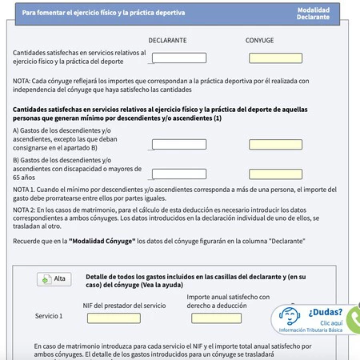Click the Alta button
coord(54,278)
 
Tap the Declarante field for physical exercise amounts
coord(178,58)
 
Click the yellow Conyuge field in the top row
coord(275,58)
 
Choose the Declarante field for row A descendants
coord(178,145)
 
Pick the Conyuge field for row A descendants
coord(275,145)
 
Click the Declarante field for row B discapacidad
coord(178,174)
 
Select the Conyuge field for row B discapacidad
coord(275,174)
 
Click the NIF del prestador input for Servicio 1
coord(119,318)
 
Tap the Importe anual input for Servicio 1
coord(216,318)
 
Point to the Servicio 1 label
coord(49,316)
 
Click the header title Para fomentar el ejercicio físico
coord(103,14)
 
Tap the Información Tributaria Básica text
coord(319,330)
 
